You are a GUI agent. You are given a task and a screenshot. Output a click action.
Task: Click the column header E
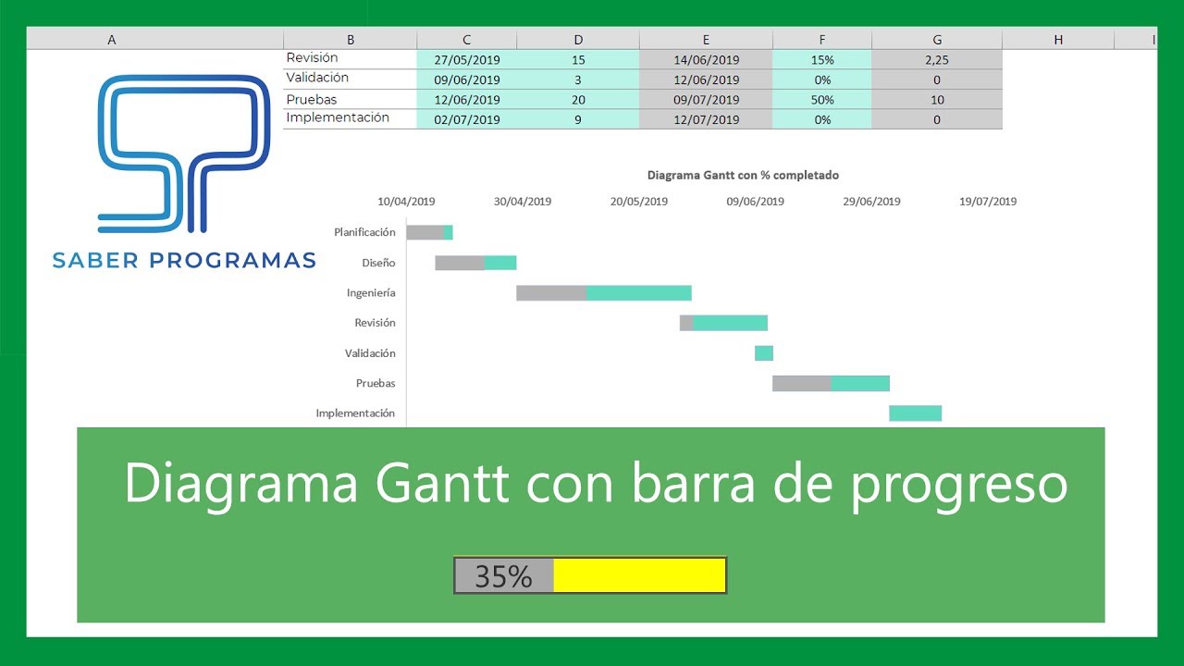click(706, 40)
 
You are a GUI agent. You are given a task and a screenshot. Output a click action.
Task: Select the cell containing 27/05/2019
click(466, 60)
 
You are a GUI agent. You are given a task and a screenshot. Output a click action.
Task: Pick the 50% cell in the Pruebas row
click(822, 100)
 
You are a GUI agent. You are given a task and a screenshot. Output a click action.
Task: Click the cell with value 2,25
click(937, 60)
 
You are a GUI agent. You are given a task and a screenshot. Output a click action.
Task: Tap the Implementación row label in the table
click(338, 118)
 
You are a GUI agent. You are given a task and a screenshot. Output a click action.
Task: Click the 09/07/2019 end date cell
click(706, 100)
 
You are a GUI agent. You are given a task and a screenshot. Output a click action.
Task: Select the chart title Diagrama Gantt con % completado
click(743, 175)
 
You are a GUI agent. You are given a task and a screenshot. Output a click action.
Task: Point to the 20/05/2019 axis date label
click(638, 202)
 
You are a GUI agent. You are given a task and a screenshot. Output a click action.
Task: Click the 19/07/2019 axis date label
click(987, 202)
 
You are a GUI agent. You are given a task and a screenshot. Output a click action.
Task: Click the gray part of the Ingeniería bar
click(551, 293)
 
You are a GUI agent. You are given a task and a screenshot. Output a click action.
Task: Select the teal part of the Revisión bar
click(730, 323)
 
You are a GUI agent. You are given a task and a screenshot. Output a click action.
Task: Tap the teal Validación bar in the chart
click(764, 353)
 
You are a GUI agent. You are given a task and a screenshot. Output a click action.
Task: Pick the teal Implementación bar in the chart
click(916, 413)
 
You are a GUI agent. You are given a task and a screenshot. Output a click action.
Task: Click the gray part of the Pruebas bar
click(801, 383)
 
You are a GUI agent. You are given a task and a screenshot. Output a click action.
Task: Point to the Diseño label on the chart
click(378, 263)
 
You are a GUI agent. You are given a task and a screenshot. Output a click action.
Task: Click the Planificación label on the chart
click(364, 232)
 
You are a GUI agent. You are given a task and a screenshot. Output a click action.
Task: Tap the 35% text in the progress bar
click(503, 576)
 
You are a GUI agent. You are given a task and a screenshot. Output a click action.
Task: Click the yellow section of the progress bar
click(639, 575)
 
